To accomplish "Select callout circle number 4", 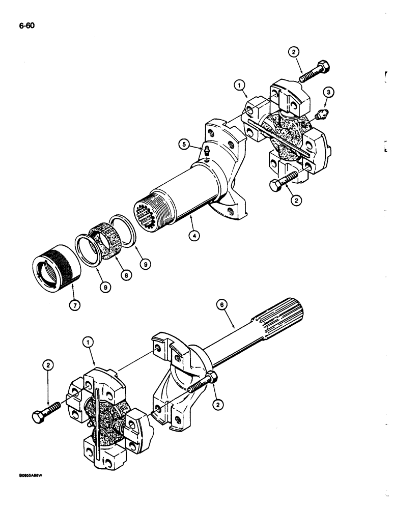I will tap(192, 236).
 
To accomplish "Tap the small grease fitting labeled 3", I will tap(321, 115).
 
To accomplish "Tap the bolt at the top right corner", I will tap(313, 71).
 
